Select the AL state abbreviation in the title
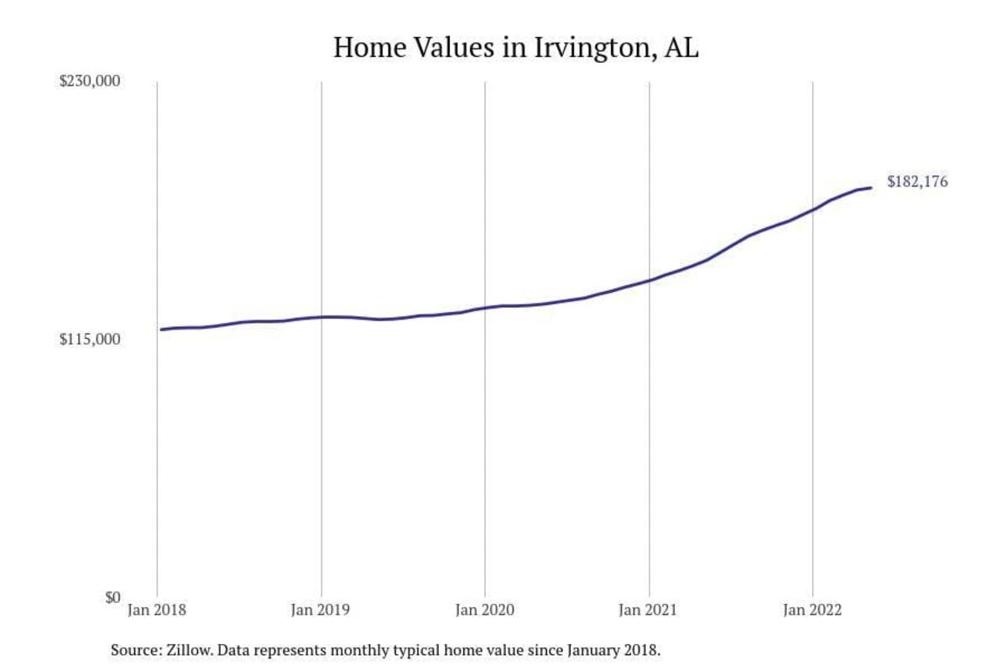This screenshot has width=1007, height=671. tap(681, 47)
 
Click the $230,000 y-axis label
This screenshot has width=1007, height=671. tap(90, 81)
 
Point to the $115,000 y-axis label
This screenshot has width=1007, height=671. tap(90, 340)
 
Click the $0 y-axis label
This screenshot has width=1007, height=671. tap(112, 597)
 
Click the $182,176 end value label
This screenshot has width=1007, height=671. tap(917, 181)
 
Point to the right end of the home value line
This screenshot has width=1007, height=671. tap(871, 187)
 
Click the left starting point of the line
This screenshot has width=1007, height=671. tap(161, 330)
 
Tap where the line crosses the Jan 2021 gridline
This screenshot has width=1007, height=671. tap(649, 280)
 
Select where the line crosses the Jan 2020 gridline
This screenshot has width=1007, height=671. tap(485, 308)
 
